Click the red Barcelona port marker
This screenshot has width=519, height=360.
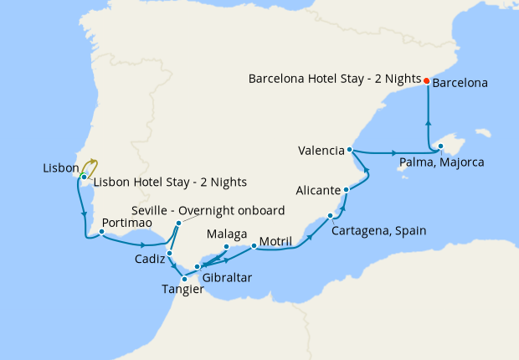coord(426,81)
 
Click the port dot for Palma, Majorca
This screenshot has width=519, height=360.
coord(439,148)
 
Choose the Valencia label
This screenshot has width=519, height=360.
coord(321,151)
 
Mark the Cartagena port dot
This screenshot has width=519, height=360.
coord(330,216)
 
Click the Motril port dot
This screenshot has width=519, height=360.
coord(254,246)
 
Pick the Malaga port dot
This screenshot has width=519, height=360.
coord(226,246)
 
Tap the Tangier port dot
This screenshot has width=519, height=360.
coord(196,279)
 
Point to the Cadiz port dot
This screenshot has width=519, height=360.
coord(169,253)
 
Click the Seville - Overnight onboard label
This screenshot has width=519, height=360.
coord(208,210)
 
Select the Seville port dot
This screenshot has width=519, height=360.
coord(178,223)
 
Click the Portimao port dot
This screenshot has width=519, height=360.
coord(101,234)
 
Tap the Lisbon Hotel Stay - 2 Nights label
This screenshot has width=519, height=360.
coord(170,182)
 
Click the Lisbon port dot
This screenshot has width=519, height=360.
coord(85,176)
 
